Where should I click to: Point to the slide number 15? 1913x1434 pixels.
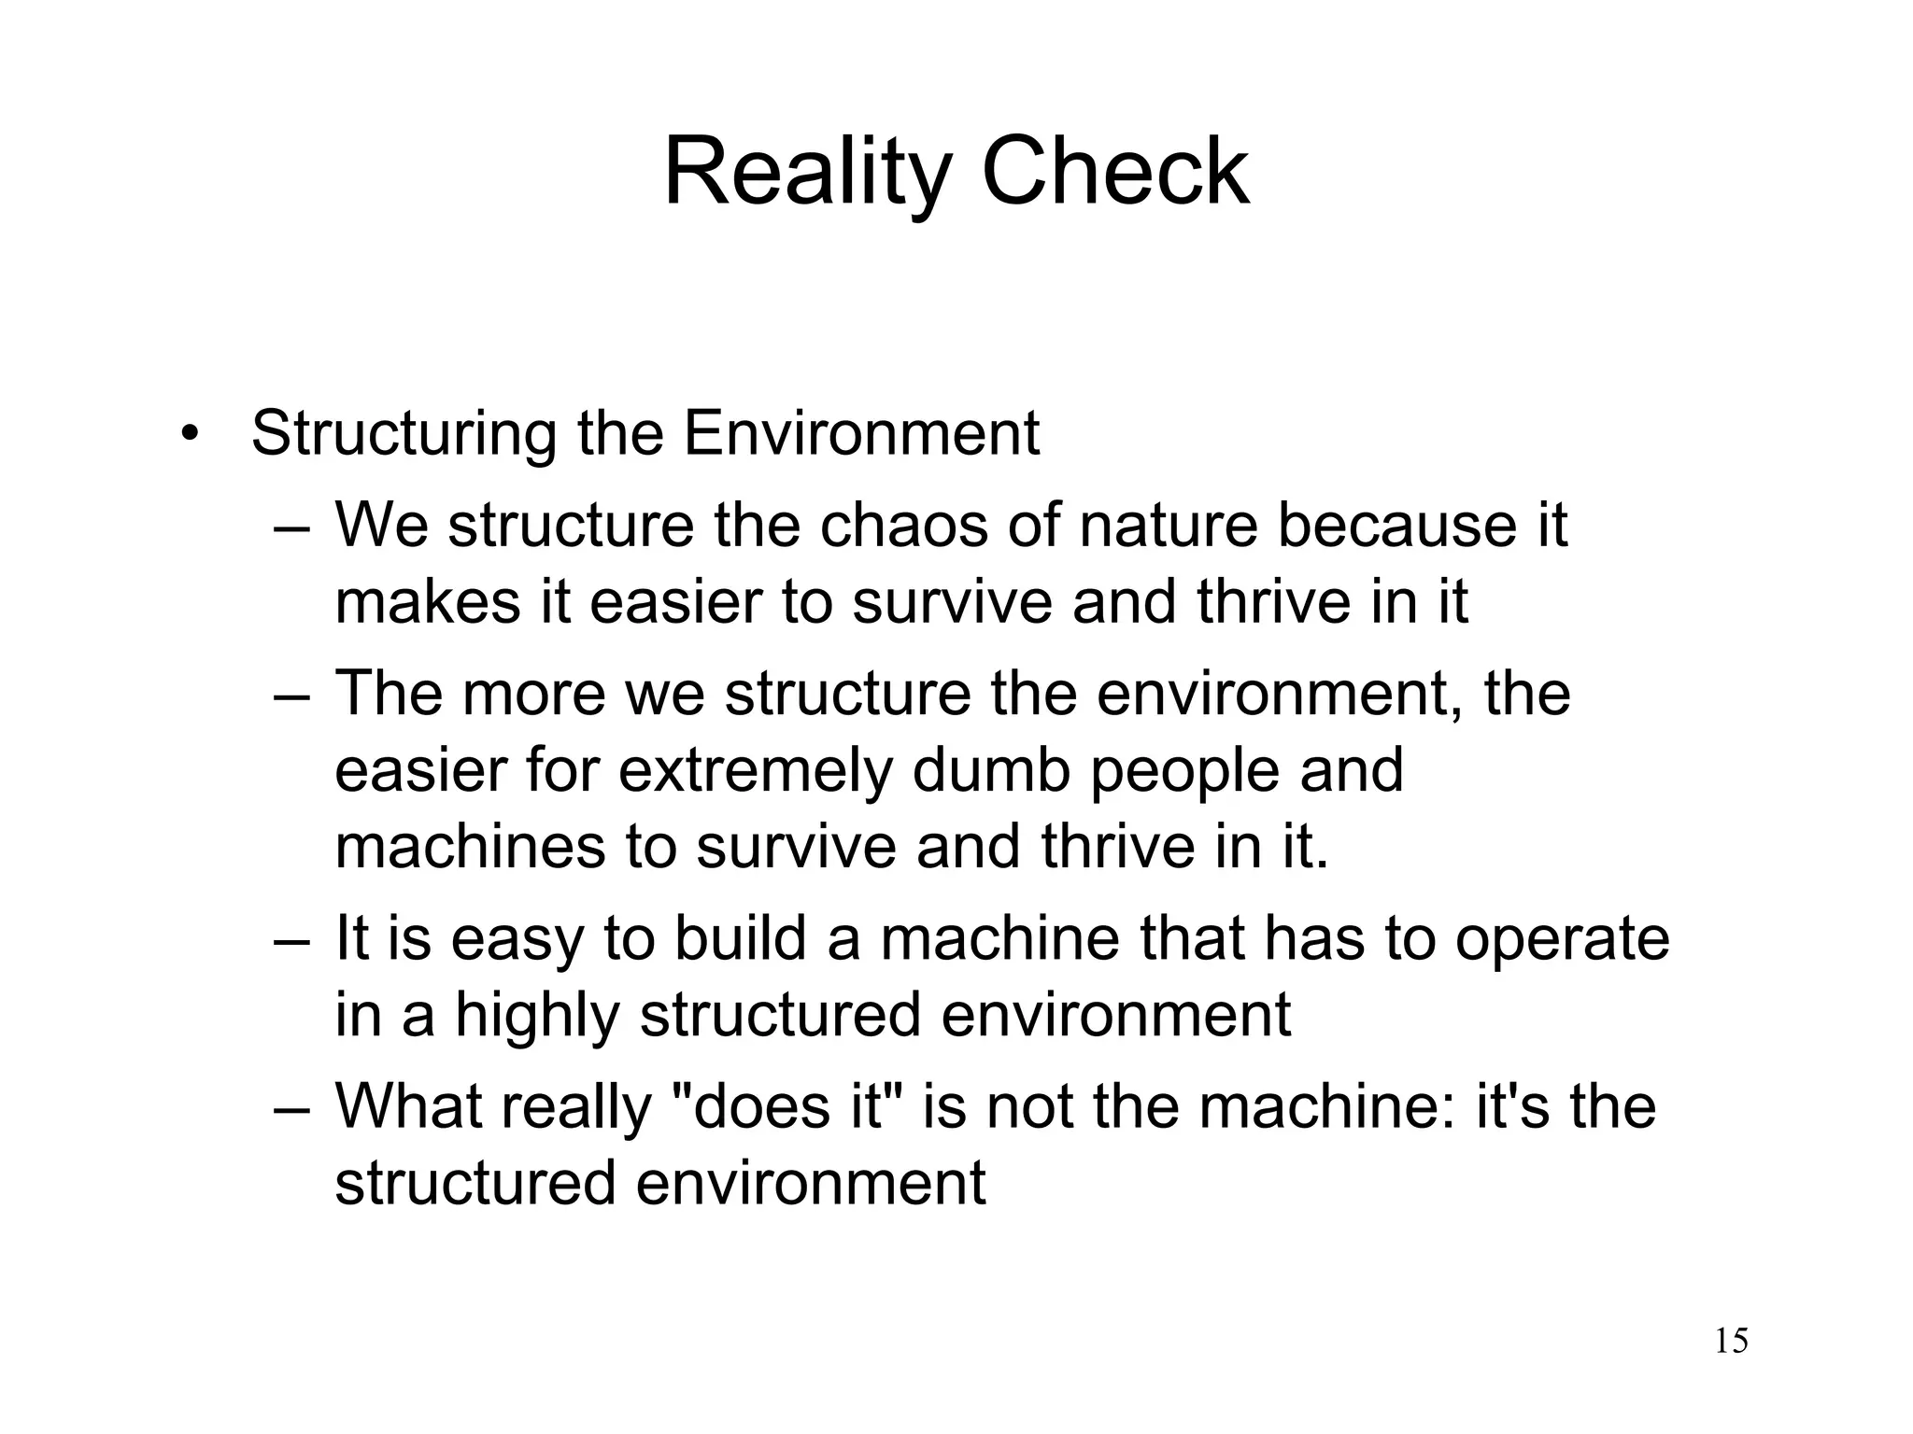click(1731, 1342)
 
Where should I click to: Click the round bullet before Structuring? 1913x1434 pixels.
click(191, 435)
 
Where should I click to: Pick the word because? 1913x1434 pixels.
click(1396, 525)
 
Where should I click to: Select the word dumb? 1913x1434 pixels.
click(991, 771)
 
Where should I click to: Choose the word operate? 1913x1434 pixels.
click(1562, 938)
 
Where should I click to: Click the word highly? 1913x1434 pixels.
click(537, 1015)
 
